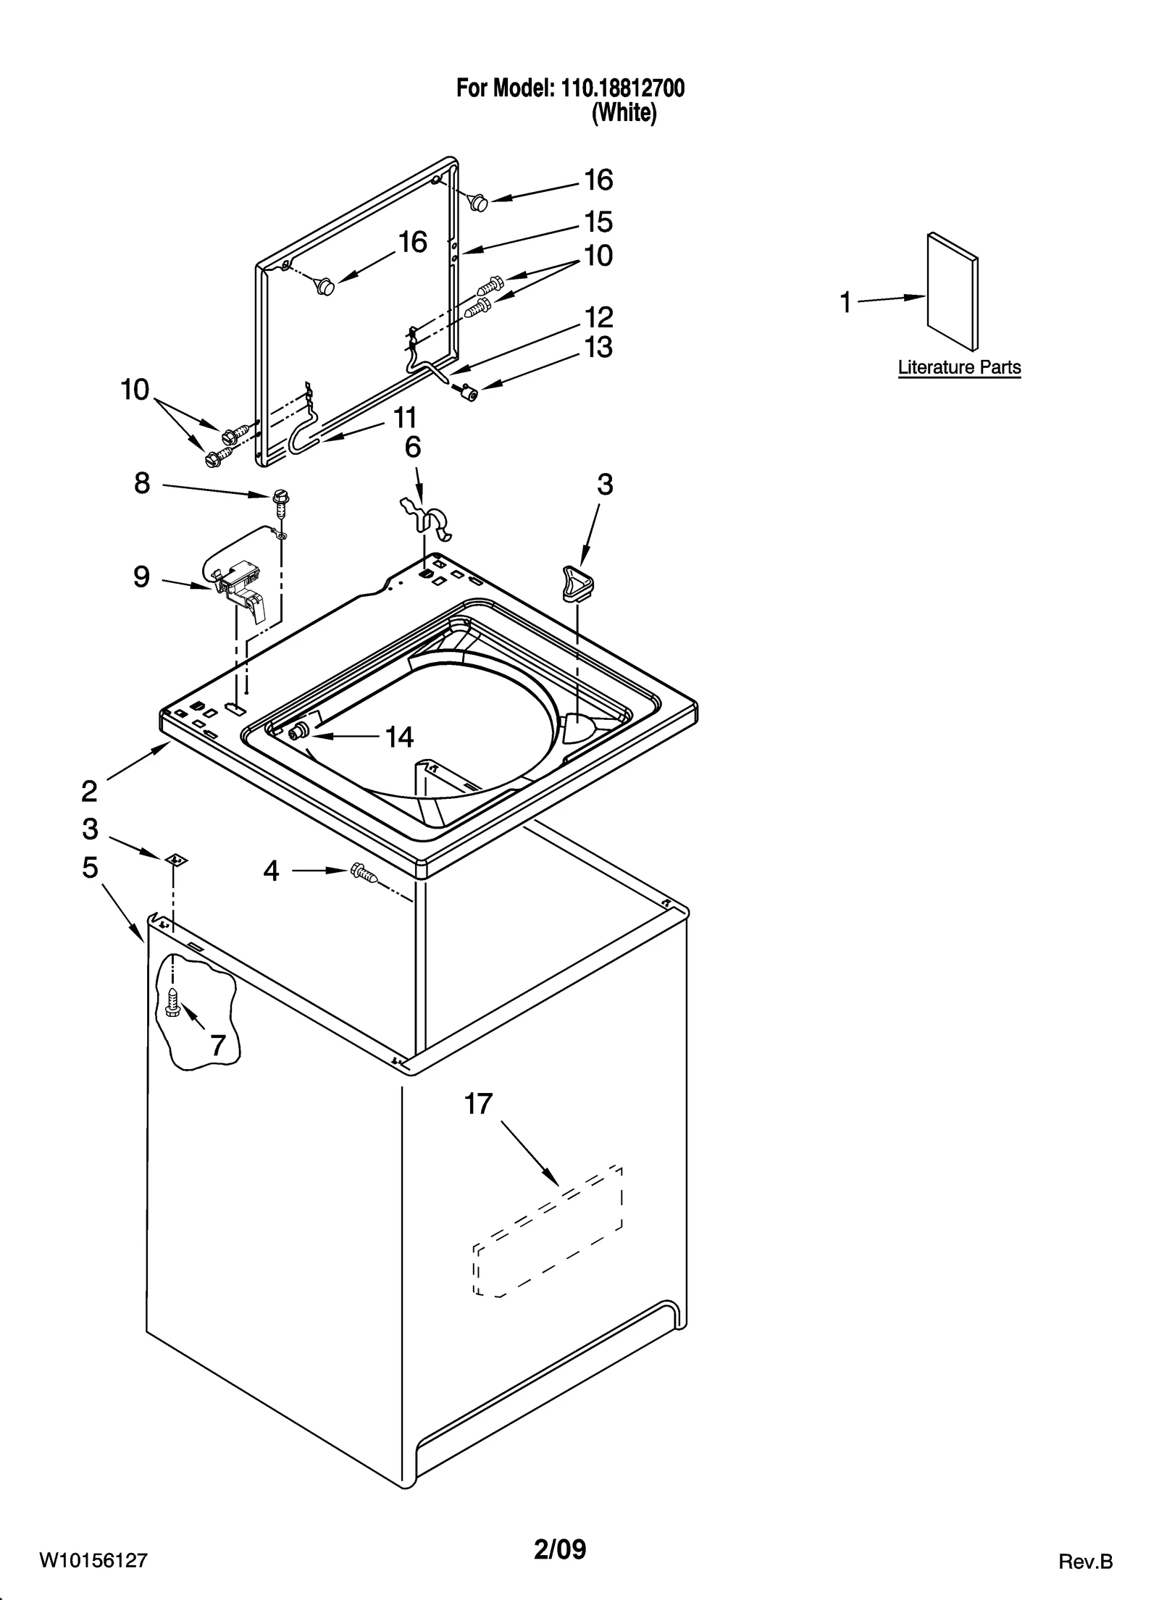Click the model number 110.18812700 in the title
pos(621,88)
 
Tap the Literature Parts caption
pos(959,367)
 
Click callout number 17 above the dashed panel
pos(478,1104)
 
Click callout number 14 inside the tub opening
pos(399,737)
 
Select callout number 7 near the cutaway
pos(218,1044)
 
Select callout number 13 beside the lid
pos(598,348)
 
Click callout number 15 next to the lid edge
pos(598,222)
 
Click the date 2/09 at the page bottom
pos(560,1549)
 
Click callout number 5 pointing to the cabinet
pos(89,867)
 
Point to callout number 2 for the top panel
pos(89,791)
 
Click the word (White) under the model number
pos(624,114)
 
